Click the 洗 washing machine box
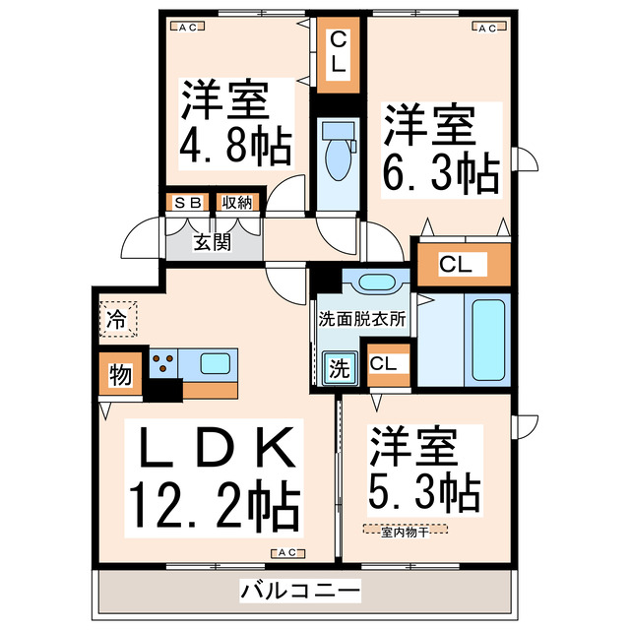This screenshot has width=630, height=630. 338,370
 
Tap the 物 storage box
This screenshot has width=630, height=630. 120,375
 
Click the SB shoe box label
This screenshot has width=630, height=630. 187,203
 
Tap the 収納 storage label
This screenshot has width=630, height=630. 237,203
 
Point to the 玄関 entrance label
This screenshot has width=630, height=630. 212,241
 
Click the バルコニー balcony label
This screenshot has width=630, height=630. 299,592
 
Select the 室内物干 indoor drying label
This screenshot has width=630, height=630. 405,532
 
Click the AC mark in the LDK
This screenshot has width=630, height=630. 287,553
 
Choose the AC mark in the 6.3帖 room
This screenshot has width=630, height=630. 485,28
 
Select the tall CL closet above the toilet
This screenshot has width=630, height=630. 338,54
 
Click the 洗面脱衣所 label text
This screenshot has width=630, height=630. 361,319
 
